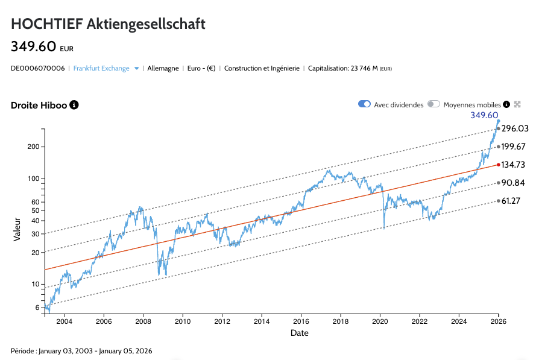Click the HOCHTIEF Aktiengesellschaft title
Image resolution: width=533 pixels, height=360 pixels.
point(108,24)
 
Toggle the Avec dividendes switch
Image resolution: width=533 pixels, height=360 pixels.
point(364,104)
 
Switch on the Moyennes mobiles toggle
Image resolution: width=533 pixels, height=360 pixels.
point(434,104)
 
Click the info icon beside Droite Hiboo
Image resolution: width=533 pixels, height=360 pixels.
point(74,105)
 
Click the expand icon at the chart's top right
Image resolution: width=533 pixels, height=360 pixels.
point(517,104)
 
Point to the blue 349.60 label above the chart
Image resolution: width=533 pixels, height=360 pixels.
point(484,115)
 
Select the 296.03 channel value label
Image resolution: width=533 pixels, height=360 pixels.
point(515,128)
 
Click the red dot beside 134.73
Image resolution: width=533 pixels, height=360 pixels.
point(498,165)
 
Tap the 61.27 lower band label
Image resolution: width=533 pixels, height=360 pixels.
point(514,201)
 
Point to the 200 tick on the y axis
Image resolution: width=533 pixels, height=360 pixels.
point(33,147)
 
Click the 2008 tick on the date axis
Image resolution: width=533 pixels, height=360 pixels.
point(143,321)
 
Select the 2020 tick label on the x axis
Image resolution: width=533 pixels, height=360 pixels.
point(380,321)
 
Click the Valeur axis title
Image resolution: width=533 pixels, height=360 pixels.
point(17,229)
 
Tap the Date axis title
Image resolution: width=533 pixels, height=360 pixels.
point(299,333)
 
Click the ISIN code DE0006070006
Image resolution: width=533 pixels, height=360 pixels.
point(38,69)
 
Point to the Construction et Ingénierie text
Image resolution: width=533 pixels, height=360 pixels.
point(262,69)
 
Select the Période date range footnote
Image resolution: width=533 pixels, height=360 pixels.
point(81,350)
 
